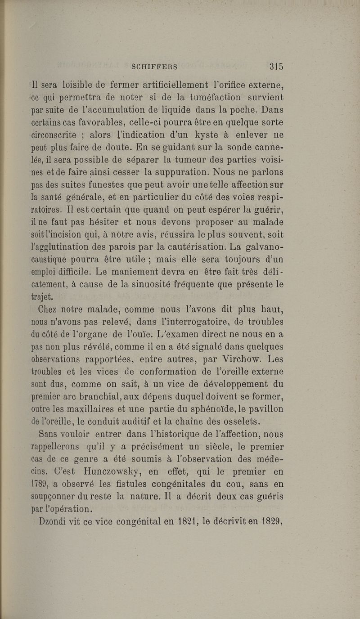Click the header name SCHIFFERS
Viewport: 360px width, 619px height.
(154, 67)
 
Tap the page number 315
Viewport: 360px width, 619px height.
(276, 67)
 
